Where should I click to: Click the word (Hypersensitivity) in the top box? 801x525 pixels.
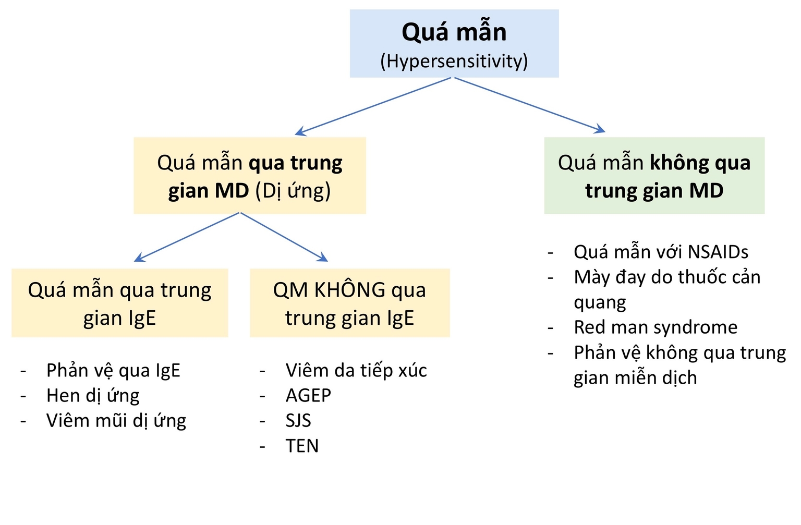click(x=454, y=62)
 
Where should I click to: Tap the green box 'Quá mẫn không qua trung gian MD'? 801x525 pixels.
click(x=654, y=176)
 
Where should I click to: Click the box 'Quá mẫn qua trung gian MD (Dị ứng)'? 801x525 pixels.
click(x=249, y=176)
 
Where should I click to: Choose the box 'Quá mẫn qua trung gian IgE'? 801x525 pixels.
click(x=119, y=303)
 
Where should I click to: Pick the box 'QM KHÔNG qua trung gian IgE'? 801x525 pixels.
click(x=349, y=303)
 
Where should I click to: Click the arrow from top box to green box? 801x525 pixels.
click(x=529, y=104)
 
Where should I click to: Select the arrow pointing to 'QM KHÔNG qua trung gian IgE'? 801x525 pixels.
click(x=284, y=237)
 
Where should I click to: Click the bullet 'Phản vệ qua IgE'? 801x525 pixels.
click(x=113, y=370)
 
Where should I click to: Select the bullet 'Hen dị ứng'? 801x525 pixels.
click(x=93, y=395)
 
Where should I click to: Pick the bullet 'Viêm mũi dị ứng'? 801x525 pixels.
click(x=116, y=420)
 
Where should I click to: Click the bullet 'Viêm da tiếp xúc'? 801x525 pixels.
click(x=356, y=370)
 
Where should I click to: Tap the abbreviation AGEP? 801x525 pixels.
click(x=308, y=395)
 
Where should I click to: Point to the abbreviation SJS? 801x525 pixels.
click(x=298, y=420)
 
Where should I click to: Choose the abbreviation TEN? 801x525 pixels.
click(x=302, y=446)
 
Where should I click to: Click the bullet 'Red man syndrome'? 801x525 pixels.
click(x=656, y=327)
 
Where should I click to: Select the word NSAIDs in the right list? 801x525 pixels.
click(x=718, y=252)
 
